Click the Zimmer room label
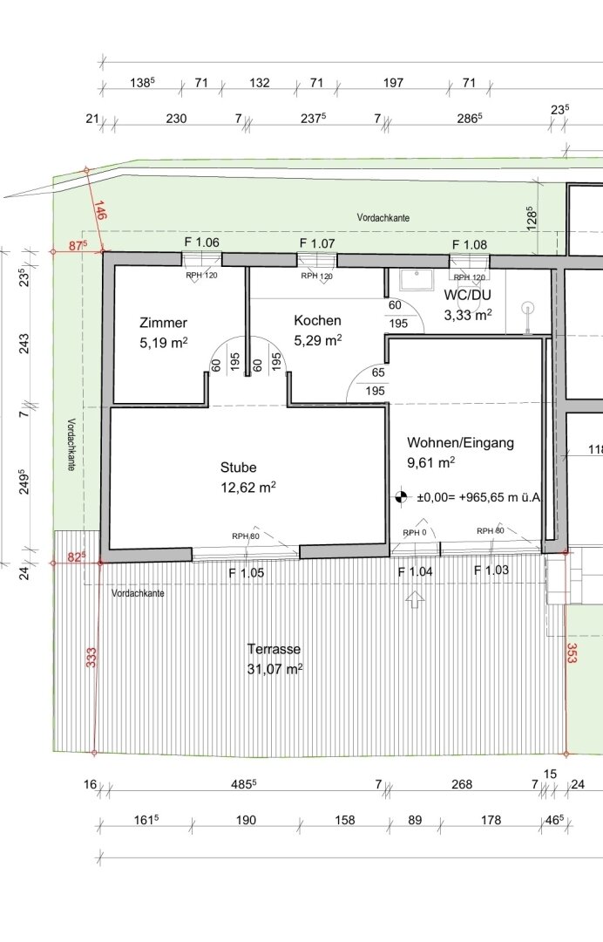[x=163, y=323]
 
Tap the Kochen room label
[x=317, y=321]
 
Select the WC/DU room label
[x=467, y=295]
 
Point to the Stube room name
[x=238, y=468]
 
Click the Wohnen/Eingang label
[x=460, y=443]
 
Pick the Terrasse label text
[x=274, y=650]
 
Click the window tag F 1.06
[x=201, y=242]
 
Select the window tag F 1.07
[x=317, y=243]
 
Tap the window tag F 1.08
[x=469, y=244]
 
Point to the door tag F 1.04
[x=415, y=572]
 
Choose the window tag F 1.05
[x=246, y=573]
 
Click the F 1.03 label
[x=491, y=570]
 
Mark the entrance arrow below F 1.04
[x=415, y=599]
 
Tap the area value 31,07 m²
[x=274, y=669]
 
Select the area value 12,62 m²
[x=248, y=487]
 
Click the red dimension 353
[x=572, y=653]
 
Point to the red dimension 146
[x=99, y=211]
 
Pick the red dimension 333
[x=91, y=658]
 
